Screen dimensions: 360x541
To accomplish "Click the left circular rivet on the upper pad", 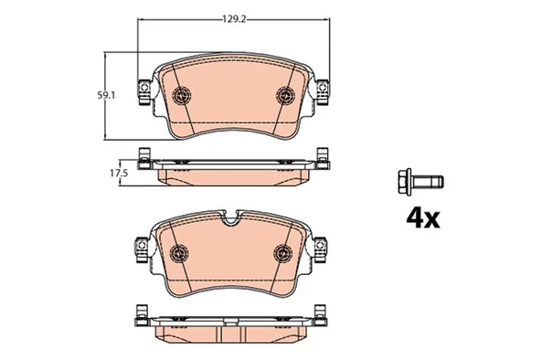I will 180,94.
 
